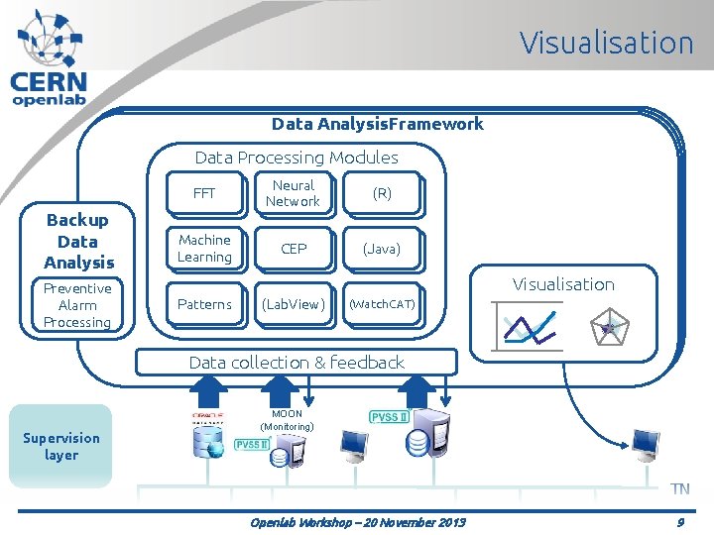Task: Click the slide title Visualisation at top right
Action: point(606,43)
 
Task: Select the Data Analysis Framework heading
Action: point(378,124)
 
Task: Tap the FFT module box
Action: point(204,193)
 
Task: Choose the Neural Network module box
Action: point(293,193)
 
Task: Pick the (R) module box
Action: point(382,194)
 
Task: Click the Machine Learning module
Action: point(204,249)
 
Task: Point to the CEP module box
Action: point(294,249)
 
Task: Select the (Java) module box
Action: point(382,249)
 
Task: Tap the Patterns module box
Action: point(204,304)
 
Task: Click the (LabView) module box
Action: point(294,304)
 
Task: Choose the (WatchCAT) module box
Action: point(382,304)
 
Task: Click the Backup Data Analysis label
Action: point(78,241)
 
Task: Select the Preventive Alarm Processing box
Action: point(77,305)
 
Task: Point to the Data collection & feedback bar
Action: point(297,363)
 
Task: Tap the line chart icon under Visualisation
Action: point(530,326)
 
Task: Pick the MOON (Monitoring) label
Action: point(287,420)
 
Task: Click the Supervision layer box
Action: point(61,446)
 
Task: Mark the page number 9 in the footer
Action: point(680,521)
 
